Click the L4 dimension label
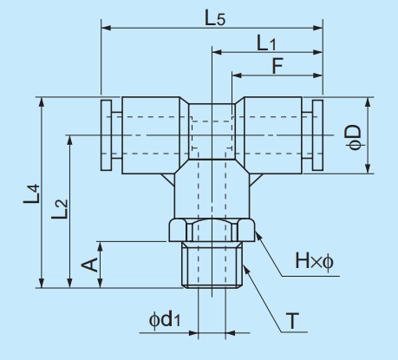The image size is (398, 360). (31, 193)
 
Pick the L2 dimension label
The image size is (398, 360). (59, 209)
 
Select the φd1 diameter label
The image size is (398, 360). (165, 320)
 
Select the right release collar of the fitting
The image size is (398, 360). (316, 136)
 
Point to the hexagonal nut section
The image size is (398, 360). (212, 232)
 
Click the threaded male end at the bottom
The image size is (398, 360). (212, 265)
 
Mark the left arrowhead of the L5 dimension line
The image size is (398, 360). (107, 29)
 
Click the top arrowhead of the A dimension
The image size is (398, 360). (101, 245)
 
